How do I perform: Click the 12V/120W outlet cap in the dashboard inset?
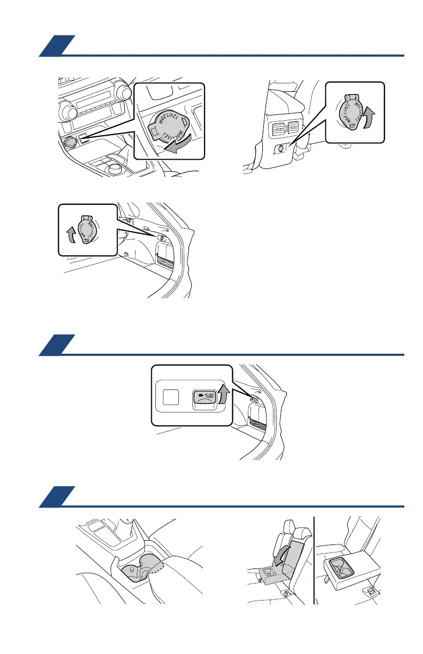click(166, 123)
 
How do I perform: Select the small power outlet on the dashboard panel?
click(69, 142)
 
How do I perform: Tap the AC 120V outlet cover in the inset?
click(203, 398)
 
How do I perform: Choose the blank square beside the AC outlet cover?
click(171, 396)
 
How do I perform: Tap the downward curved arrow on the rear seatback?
click(281, 556)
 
